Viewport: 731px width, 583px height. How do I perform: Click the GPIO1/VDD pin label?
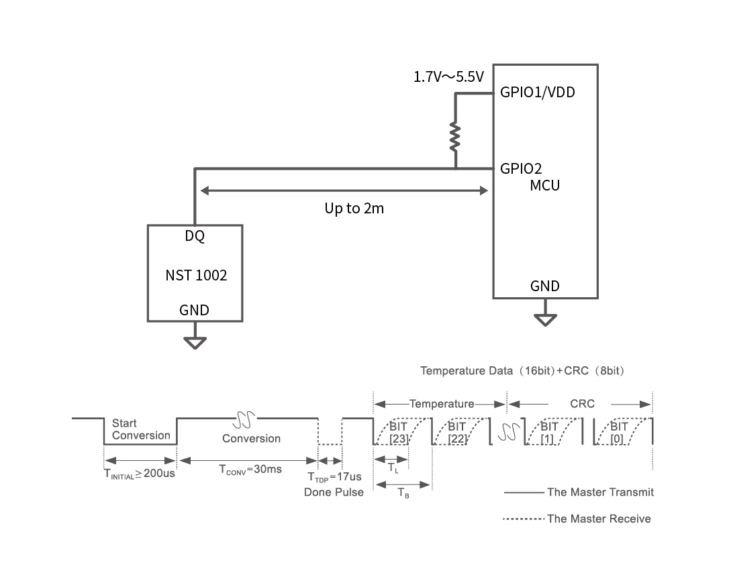pos(538,93)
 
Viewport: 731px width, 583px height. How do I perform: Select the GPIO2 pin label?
pos(521,168)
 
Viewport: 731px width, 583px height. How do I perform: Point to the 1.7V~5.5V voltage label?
pos(449,77)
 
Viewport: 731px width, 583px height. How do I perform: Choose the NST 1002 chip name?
pos(196,276)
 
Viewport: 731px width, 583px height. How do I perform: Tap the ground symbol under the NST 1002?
pos(195,343)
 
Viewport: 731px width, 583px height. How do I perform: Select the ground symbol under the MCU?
pos(545,319)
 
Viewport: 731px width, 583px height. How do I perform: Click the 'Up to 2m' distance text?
pos(354,209)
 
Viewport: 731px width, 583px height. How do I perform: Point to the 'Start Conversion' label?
pos(141,429)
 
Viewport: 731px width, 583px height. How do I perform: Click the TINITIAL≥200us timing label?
pos(139,474)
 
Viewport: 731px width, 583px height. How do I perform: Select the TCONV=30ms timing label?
pos(250,470)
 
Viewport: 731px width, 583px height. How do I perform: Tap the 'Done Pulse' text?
pos(334,492)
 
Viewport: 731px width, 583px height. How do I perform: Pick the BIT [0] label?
pos(619,432)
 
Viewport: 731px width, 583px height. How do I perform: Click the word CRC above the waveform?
pos(582,404)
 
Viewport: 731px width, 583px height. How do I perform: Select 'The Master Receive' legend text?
pos(599,519)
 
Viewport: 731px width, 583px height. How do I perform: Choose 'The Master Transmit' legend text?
pos(600,492)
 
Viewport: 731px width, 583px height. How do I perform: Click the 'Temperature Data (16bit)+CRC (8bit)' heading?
pos(524,370)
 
